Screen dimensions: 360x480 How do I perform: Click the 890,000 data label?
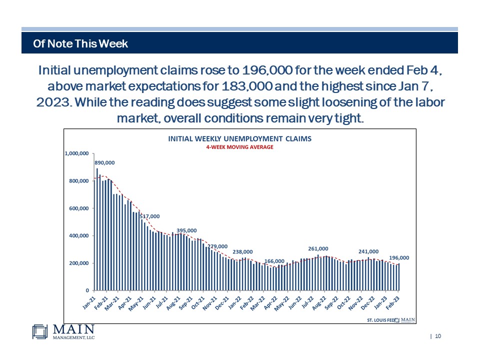point(104,162)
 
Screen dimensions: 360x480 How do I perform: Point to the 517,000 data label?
point(149,216)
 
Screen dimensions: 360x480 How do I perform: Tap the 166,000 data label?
point(274,261)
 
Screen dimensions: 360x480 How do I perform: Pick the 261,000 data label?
point(318,248)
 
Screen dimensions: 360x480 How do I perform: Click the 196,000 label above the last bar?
point(399,258)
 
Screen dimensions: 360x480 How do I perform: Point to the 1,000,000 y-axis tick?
point(77,153)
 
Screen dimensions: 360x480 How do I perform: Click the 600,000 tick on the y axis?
point(79,208)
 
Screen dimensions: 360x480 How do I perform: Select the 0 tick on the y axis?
point(87,290)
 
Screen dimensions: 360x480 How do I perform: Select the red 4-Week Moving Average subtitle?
point(239,147)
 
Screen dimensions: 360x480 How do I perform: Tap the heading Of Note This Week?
point(80,44)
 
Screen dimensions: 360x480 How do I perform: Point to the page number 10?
point(438,336)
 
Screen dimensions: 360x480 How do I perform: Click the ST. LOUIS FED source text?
point(381,319)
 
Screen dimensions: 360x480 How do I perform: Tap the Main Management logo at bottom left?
point(63,332)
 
